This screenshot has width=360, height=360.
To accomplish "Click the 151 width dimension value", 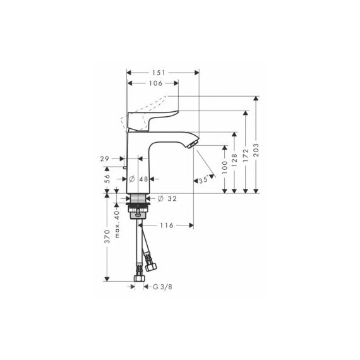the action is pos(159,73).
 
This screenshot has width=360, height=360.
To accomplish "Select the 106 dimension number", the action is pos(155,83).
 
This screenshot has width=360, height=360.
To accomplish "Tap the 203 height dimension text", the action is pos(256,150).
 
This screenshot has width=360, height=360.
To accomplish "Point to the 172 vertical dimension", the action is pos(246,155).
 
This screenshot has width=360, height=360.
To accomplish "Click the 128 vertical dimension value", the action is pos(234,160).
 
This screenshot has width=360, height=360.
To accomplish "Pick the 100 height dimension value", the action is pos(225,167).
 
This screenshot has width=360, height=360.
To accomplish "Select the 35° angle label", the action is pos(204,179).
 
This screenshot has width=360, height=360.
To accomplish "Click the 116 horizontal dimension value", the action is pos(167,225).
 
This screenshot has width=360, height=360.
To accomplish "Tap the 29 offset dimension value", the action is pos(104,159).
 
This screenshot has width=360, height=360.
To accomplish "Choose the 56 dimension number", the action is pos(107,179).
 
